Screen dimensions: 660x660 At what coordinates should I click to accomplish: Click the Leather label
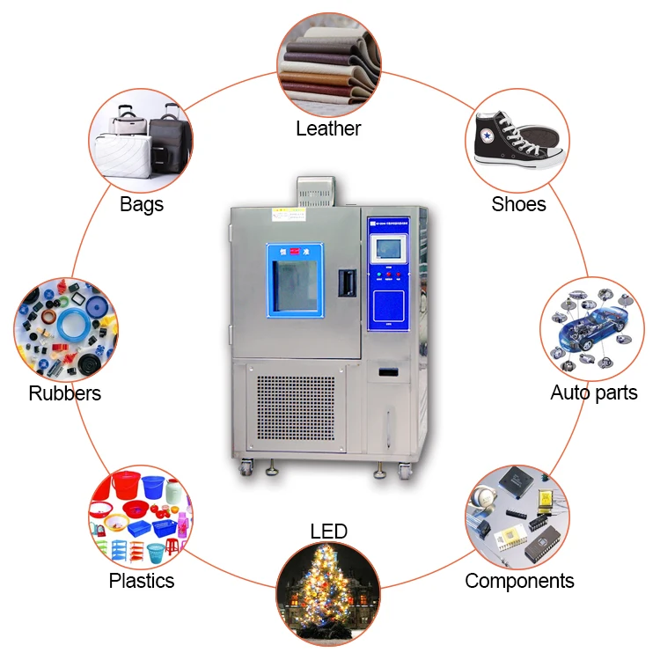(x=328, y=128)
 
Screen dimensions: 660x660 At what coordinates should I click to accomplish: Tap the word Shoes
(x=518, y=204)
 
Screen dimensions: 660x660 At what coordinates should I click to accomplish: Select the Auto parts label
(x=594, y=392)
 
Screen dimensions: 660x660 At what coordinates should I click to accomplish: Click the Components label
(x=519, y=581)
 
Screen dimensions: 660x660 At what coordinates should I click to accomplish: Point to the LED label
(x=328, y=532)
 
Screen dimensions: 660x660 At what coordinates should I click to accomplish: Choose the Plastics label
(x=142, y=581)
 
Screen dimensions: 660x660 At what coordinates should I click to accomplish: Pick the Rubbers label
(x=65, y=392)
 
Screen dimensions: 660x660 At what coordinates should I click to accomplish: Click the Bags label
(x=142, y=204)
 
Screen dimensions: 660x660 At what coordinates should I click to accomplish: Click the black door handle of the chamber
(x=346, y=282)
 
